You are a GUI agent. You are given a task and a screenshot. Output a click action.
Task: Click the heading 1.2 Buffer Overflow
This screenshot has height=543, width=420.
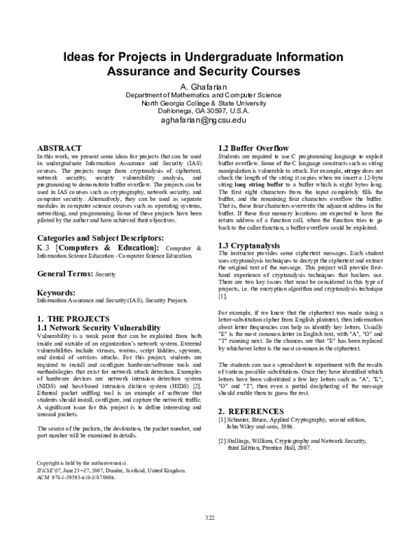tap(253, 148)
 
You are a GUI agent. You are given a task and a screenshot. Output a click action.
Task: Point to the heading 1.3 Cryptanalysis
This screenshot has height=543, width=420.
tap(249, 245)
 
